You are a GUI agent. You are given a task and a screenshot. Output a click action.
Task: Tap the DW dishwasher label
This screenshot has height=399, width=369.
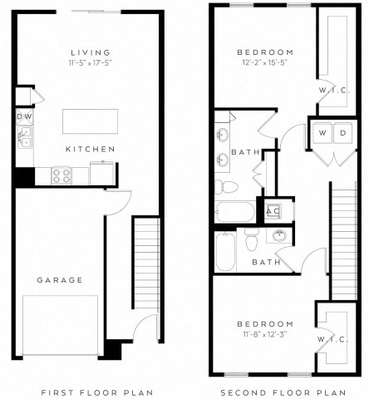[22, 117]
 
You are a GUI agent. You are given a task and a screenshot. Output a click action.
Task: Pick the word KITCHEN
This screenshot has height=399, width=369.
[90, 150]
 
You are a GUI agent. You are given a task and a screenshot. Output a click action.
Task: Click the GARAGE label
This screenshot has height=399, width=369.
[59, 280]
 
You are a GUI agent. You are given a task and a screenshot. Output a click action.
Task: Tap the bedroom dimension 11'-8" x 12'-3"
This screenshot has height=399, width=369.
[263, 334]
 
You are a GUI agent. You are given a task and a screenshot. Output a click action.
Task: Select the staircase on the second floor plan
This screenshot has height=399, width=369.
[343, 241]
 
